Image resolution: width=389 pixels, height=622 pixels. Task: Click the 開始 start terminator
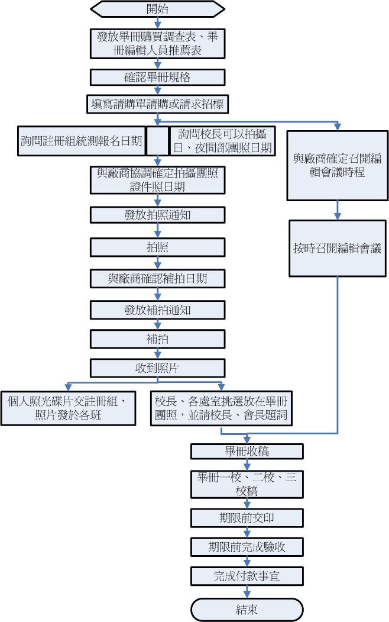[x=157, y=9]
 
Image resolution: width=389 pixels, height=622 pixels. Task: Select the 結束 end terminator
[x=247, y=610]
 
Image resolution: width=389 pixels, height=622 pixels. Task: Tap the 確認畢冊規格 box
[x=157, y=78]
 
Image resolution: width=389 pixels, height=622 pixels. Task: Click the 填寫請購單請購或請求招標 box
[x=157, y=104]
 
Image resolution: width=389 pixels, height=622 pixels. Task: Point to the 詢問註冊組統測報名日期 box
[x=81, y=141]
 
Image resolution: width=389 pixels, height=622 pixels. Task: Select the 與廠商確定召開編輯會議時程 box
[x=337, y=165]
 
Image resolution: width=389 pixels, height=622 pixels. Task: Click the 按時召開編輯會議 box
[x=337, y=248]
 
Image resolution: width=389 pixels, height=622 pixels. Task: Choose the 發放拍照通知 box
[x=157, y=215]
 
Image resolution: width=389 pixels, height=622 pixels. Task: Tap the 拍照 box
[x=157, y=247]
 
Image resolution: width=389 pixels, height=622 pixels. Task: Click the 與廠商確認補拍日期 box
[x=157, y=278]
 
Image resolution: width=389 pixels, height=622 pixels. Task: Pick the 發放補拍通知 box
[x=157, y=310]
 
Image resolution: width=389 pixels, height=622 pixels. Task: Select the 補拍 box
[x=157, y=339]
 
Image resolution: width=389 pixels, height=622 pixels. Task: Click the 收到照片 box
[x=157, y=368]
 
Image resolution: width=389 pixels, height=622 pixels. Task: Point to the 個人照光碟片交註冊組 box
[x=68, y=408]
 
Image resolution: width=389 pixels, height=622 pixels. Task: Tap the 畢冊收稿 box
[x=247, y=452]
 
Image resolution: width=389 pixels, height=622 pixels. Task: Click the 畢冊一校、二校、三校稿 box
[x=247, y=484]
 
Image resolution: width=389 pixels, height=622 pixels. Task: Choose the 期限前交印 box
[x=247, y=518]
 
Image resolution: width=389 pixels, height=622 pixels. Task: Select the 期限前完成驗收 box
[x=247, y=547]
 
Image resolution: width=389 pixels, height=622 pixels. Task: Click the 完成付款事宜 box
[x=247, y=576]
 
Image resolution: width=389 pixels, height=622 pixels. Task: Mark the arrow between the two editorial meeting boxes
[x=337, y=210]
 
